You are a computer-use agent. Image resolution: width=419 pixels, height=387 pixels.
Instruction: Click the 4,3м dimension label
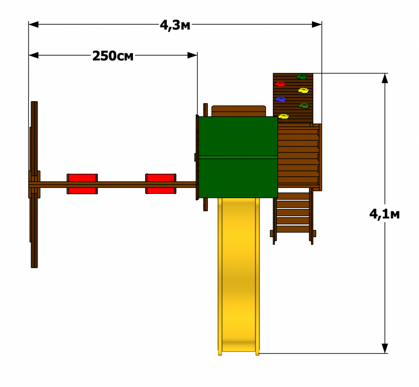(x=175, y=25)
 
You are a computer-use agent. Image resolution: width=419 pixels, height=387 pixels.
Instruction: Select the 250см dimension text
(x=113, y=56)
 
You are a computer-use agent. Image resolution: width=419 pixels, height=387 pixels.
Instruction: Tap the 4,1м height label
(x=384, y=214)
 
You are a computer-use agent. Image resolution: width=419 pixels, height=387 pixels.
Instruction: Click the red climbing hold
(x=280, y=84)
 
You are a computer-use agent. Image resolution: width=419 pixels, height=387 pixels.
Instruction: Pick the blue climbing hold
(x=281, y=99)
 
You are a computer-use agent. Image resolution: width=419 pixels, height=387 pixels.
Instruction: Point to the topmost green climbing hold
(x=302, y=77)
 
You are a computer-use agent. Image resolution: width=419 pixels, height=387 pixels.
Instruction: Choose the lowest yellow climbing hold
(x=283, y=116)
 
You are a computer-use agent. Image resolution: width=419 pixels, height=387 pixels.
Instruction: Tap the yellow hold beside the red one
(x=304, y=91)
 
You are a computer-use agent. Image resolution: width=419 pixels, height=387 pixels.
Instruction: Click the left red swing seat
(x=82, y=184)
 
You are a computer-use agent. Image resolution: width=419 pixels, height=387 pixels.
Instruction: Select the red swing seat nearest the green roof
(x=161, y=184)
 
